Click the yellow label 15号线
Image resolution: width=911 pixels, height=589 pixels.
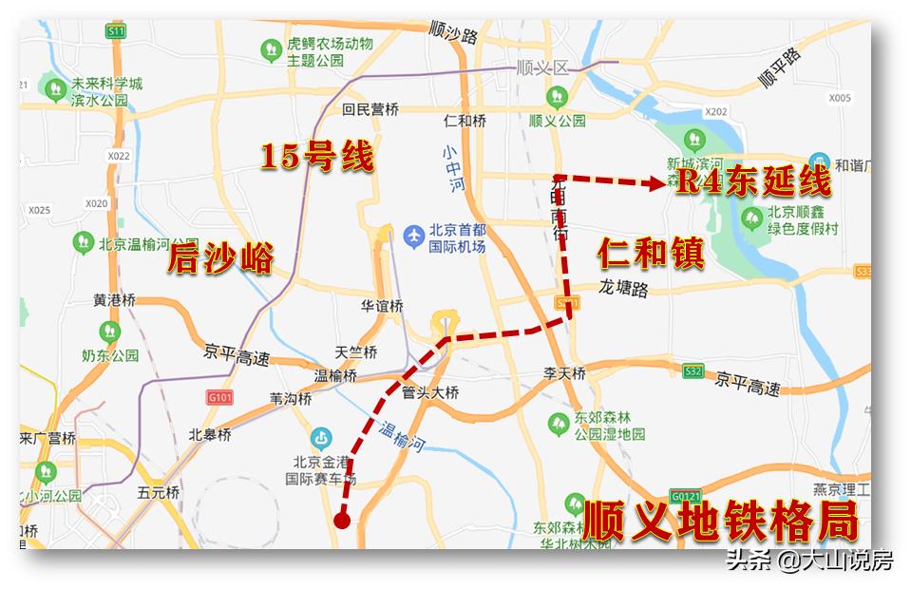[x=317, y=157]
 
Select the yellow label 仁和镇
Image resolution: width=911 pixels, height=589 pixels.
[x=651, y=254]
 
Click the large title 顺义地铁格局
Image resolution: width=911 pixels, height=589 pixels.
[x=719, y=522]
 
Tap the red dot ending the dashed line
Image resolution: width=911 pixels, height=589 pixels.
[x=342, y=520]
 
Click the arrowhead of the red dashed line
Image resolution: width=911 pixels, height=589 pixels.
[x=656, y=184]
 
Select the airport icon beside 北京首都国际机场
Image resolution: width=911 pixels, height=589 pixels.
[x=414, y=234]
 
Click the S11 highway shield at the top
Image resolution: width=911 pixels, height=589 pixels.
[x=117, y=31]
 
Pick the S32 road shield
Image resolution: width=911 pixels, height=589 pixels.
[x=693, y=370]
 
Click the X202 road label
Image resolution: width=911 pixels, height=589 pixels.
[x=716, y=112]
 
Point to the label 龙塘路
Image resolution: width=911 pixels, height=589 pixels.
[x=623, y=289]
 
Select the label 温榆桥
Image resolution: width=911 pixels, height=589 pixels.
[x=336, y=376]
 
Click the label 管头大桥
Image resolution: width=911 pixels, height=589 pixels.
[x=430, y=392]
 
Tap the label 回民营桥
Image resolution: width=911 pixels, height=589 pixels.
[x=370, y=109]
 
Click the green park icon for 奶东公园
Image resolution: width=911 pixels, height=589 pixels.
[x=110, y=332]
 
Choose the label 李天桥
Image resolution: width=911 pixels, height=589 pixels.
[x=563, y=372]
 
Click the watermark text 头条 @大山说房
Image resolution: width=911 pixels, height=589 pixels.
[x=809, y=560]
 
